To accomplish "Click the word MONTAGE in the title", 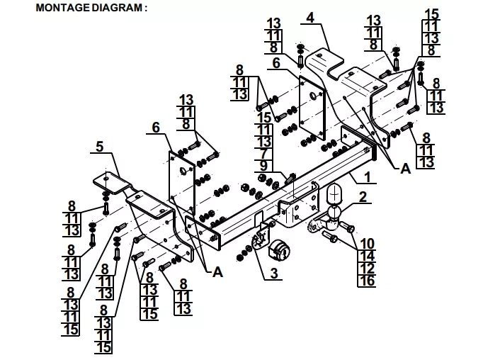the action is (x=63, y=8).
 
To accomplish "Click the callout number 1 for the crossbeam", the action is (x=368, y=176).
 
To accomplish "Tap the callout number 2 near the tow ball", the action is (x=363, y=197).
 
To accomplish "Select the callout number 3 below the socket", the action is (x=274, y=274).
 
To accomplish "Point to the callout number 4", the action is (x=310, y=17).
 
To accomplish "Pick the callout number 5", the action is (x=100, y=147).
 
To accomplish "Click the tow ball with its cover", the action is (x=334, y=206).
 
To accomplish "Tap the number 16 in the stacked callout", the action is (x=367, y=281).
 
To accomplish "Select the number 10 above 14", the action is (x=367, y=244).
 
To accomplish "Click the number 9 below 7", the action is (x=263, y=166).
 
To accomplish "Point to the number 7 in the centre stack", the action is (x=263, y=154).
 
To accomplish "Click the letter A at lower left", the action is (x=217, y=272).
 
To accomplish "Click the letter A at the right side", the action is (x=406, y=169).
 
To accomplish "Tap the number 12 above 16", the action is (x=367, y=269).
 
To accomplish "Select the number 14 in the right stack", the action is (x=367, y=256).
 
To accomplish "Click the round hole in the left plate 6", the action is (x=184, y=171).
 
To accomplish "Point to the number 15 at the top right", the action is (x=432, y=14).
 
